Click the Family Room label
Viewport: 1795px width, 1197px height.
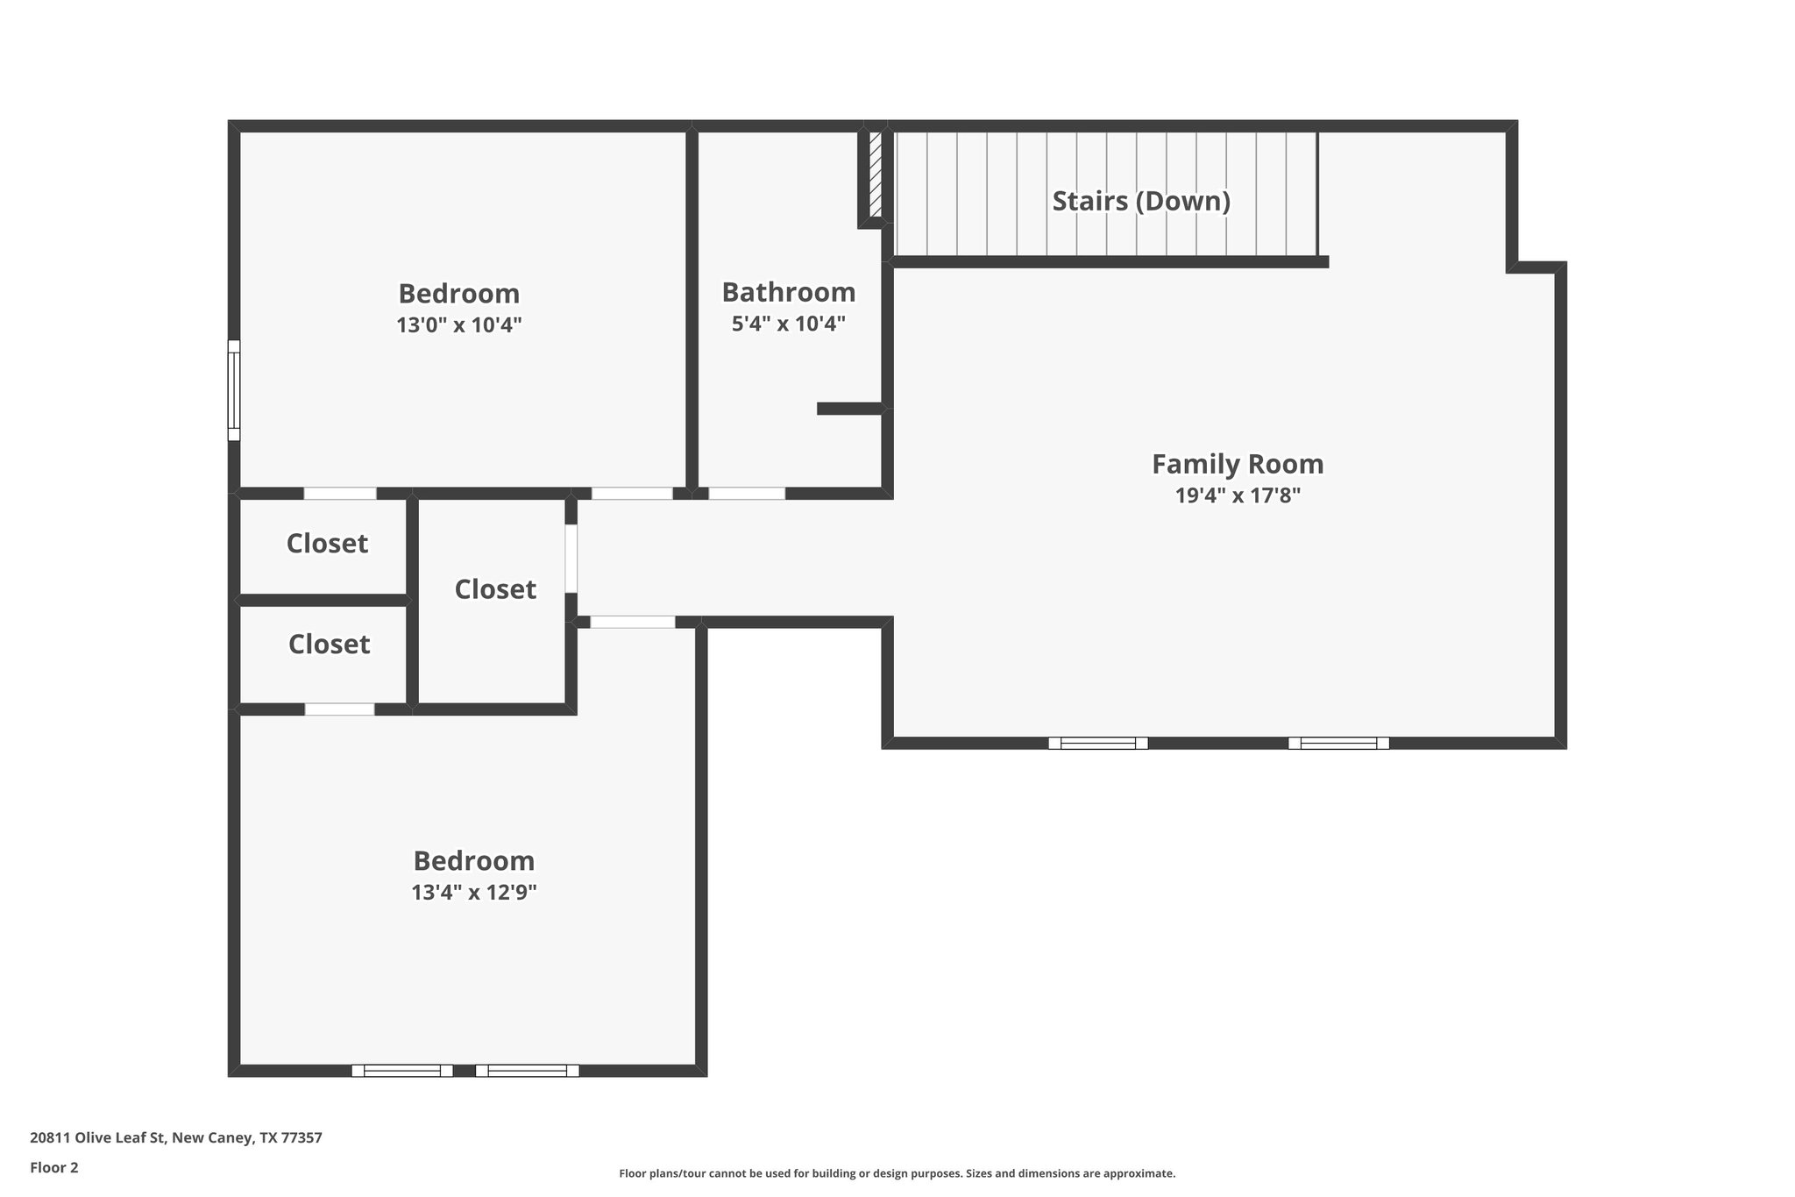(1237, 464)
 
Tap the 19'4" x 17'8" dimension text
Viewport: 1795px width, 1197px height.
(1237, 496)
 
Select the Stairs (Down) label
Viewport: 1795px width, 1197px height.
(1140, 202)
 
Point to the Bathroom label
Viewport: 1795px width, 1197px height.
(788, 292)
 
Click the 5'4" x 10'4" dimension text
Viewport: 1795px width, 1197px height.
(788, 324)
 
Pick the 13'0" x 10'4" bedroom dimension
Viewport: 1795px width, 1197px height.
(458, 325)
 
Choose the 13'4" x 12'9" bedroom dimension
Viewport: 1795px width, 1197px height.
(473, 893)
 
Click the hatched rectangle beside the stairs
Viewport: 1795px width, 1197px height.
(875, 175)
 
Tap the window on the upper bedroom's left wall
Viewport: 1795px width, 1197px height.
(234, 390)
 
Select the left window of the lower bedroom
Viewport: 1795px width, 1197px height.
(402, 1070)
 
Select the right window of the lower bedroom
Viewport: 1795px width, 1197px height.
(527, 1070)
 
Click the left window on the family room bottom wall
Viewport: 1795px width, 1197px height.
(1098, 743)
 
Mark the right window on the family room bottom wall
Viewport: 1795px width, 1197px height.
(1338, 743)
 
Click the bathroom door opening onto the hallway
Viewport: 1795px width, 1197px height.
(747, 494)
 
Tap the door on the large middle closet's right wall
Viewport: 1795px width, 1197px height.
(571, 559)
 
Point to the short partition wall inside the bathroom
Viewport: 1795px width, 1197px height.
(848, 409)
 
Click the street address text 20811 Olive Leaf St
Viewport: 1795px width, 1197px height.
(175, 1138)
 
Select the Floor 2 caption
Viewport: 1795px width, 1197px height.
(54, 1167)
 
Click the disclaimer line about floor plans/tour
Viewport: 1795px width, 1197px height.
(897, 1173)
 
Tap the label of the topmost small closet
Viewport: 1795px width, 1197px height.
(327, 544)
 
